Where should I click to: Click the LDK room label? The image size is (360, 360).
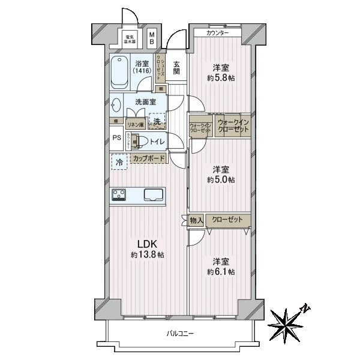coord(148,244)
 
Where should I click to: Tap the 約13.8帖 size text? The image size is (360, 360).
coord(148,255)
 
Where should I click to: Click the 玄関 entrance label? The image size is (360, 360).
coord(177,67)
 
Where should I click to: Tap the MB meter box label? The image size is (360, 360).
coord(152,38)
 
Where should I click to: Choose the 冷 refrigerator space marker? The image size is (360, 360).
coord(119,163)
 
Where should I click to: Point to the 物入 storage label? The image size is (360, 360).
coord(196,220)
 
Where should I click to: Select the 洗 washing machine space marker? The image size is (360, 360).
coord(156,122)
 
